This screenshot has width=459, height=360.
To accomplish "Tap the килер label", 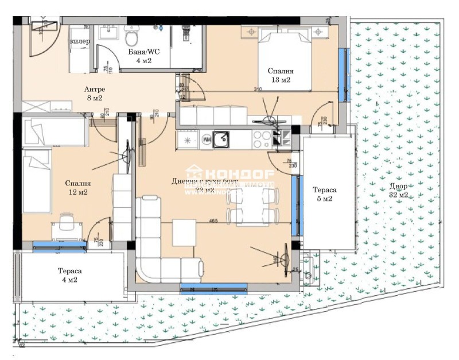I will tap(79, 41).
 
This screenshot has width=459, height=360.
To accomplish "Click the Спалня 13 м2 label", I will tap(281, 75).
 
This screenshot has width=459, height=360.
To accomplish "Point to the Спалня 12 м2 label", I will tap(76, 188).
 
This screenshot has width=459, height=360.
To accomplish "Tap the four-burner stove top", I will tap(262, 138).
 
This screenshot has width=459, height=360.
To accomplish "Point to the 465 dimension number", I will tap(213, 219).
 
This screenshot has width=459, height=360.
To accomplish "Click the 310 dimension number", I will tap(259, 89).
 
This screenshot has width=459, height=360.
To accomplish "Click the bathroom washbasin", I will tap(107, 34).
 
